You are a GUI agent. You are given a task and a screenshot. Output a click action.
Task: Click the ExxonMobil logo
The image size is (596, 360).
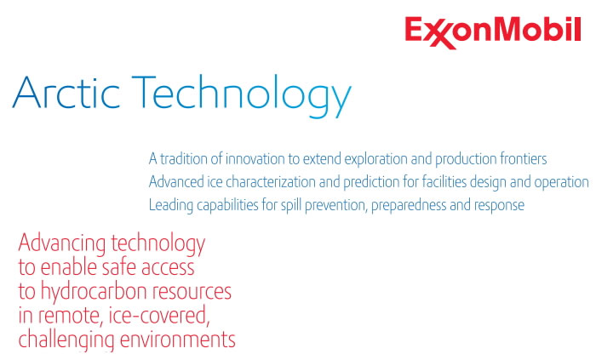tap(493, 32)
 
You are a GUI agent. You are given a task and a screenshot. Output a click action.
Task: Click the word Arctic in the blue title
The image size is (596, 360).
tap(66, 92)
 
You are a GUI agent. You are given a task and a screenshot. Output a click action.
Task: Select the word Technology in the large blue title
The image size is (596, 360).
tap(242, 96)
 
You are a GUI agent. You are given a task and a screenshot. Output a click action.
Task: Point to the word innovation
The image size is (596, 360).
tap(255, 159)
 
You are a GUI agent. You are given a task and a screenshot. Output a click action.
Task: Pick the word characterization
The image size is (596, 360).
tap(271, 182)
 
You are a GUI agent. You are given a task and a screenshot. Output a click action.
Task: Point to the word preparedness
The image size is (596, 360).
tap(409, 206)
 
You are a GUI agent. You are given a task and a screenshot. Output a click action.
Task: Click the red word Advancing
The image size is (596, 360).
tap(62, 244)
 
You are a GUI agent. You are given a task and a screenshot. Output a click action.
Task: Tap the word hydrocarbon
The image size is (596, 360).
tap(94, 293)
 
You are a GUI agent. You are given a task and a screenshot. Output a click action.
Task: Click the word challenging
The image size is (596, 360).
tap(66, 340)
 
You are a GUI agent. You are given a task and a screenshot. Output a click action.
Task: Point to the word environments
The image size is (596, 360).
tap(177, 340)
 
